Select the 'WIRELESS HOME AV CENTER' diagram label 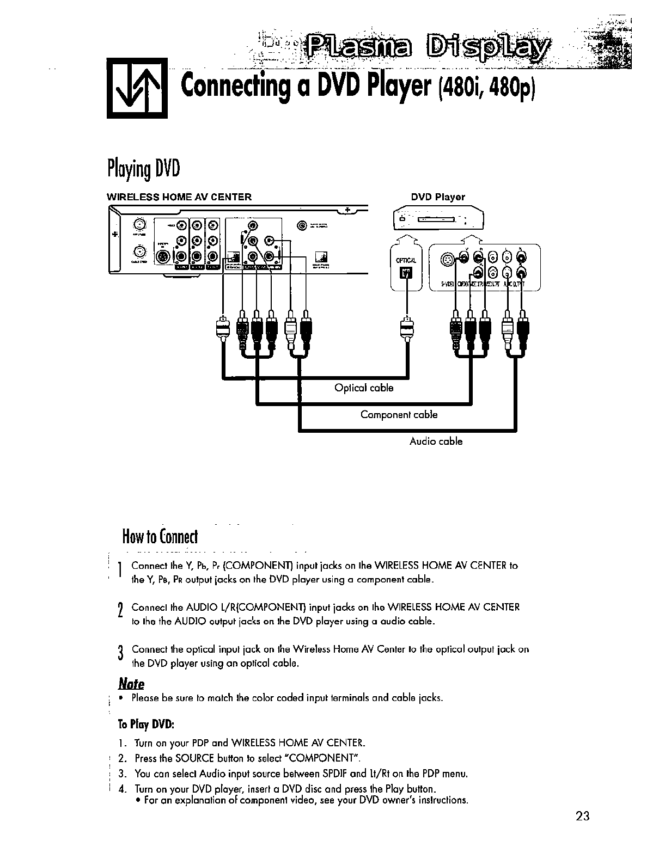click(179, 197)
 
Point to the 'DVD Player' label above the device click(437, 197)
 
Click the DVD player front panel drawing click(438, 220)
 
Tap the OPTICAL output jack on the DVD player click(408, 272)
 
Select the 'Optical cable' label click(363, 388)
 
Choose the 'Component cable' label click(399, 415)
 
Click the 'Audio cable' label click(436, 441)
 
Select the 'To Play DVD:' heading click(146, 725)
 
